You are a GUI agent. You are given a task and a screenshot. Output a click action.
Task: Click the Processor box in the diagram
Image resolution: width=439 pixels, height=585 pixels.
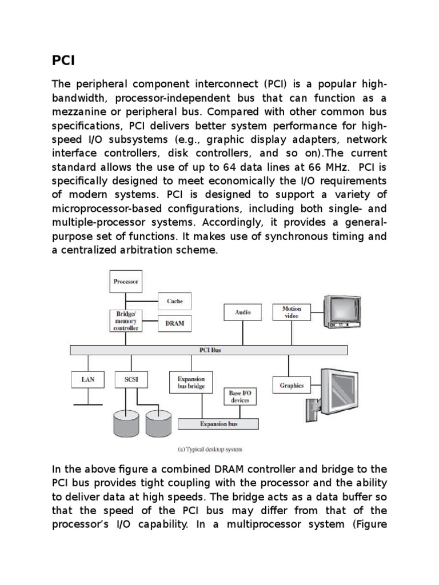pos(126,282)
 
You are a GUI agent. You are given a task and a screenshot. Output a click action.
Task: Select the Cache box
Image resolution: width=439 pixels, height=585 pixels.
pos(174,300)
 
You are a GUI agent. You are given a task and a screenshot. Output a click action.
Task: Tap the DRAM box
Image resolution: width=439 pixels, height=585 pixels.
pos(174,323)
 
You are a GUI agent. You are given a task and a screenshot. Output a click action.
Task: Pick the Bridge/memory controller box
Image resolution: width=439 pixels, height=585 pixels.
pos(126,320)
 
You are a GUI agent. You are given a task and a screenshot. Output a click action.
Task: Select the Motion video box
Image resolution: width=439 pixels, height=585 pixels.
pos(292,312)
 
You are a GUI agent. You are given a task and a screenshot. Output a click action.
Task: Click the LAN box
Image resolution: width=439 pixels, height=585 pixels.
pos(87,378)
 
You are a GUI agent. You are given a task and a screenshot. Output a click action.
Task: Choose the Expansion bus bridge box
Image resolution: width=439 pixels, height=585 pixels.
pos(190,382)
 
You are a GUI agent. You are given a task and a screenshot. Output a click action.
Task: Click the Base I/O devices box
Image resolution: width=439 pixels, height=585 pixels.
pos(243,396)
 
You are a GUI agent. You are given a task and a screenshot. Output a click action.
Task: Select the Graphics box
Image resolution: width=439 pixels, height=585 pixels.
pos(292,385)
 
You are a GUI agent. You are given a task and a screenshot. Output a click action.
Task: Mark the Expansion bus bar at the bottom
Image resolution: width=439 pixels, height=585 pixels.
pos(218,424)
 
